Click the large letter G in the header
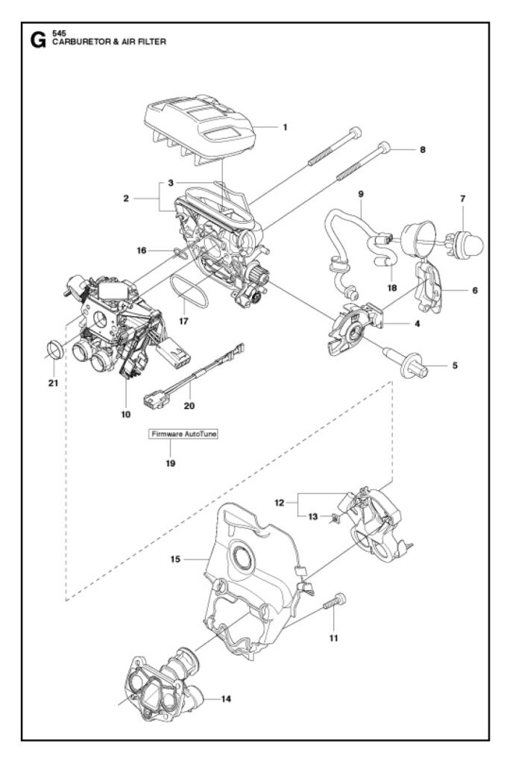point(37,40)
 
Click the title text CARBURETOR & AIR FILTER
point(109,42)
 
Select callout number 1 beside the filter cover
point(285,127)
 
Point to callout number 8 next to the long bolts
point(422,149)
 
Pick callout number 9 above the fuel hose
point(361,194)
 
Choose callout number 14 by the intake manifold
point(226,699)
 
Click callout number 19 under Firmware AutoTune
point(171,463)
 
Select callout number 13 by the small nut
point(312,516)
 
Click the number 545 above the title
point(59,33)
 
